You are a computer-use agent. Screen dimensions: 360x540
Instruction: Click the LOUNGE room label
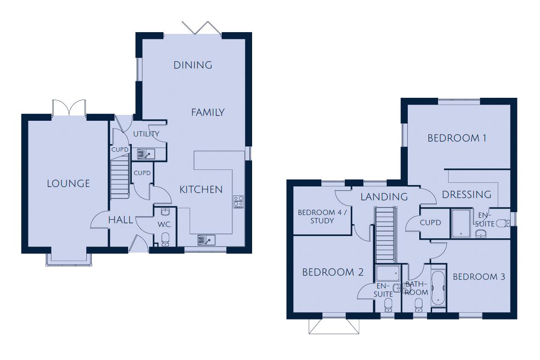[68, 184]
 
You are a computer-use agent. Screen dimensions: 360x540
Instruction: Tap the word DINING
[193, 65]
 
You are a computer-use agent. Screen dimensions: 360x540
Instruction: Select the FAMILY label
[208, 112]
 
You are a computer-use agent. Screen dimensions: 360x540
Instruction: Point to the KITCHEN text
[201, 189]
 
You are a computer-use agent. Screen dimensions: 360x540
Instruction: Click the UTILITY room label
[146, 134]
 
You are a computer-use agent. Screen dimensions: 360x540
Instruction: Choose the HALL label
[120, 220]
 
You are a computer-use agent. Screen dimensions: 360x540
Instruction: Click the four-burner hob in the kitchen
[239, 202]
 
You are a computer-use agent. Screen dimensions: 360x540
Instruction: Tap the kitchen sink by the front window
[206, 240]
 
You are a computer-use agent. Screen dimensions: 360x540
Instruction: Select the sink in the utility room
[146, 154]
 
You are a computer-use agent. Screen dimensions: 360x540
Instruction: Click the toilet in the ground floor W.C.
[165, 237]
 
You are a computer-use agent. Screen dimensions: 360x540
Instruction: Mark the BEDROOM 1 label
[457, 138]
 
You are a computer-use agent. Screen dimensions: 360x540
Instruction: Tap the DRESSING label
[467, 195]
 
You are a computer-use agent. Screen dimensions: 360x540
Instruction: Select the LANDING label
[384, 197]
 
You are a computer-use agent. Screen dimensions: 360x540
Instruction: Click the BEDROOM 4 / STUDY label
[322, 216]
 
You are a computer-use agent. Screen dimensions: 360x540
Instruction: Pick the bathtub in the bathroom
[438, 288]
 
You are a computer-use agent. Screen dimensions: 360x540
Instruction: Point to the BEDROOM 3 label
[479, 276]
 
